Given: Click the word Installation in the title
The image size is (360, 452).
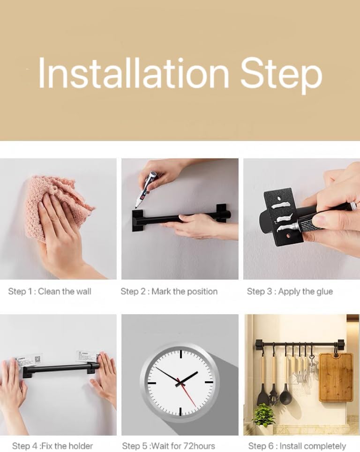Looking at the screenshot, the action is [134, 73].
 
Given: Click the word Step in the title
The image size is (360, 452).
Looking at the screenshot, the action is [281, 75].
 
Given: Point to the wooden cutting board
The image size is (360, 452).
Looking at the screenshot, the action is [336, 377].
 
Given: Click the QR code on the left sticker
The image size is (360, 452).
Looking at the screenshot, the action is [37, 359].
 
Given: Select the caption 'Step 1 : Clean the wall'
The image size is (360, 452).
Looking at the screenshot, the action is [50, 291].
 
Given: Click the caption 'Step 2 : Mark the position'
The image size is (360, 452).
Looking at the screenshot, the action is [169, 291].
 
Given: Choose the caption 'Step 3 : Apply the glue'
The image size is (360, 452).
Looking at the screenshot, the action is [290, 291].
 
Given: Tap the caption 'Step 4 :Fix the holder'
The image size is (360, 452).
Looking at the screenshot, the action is [52, 446].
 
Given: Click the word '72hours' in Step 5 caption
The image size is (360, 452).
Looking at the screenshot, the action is [199, 446].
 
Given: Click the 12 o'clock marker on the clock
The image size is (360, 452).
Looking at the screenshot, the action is [181, 354].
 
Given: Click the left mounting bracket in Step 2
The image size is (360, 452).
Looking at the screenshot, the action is [137, 221].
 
